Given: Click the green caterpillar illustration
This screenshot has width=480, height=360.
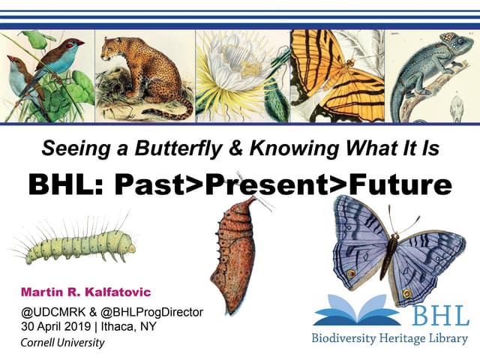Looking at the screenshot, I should click(x=79, y=244).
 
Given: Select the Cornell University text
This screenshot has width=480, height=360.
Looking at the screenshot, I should click(x=63, y=343).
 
